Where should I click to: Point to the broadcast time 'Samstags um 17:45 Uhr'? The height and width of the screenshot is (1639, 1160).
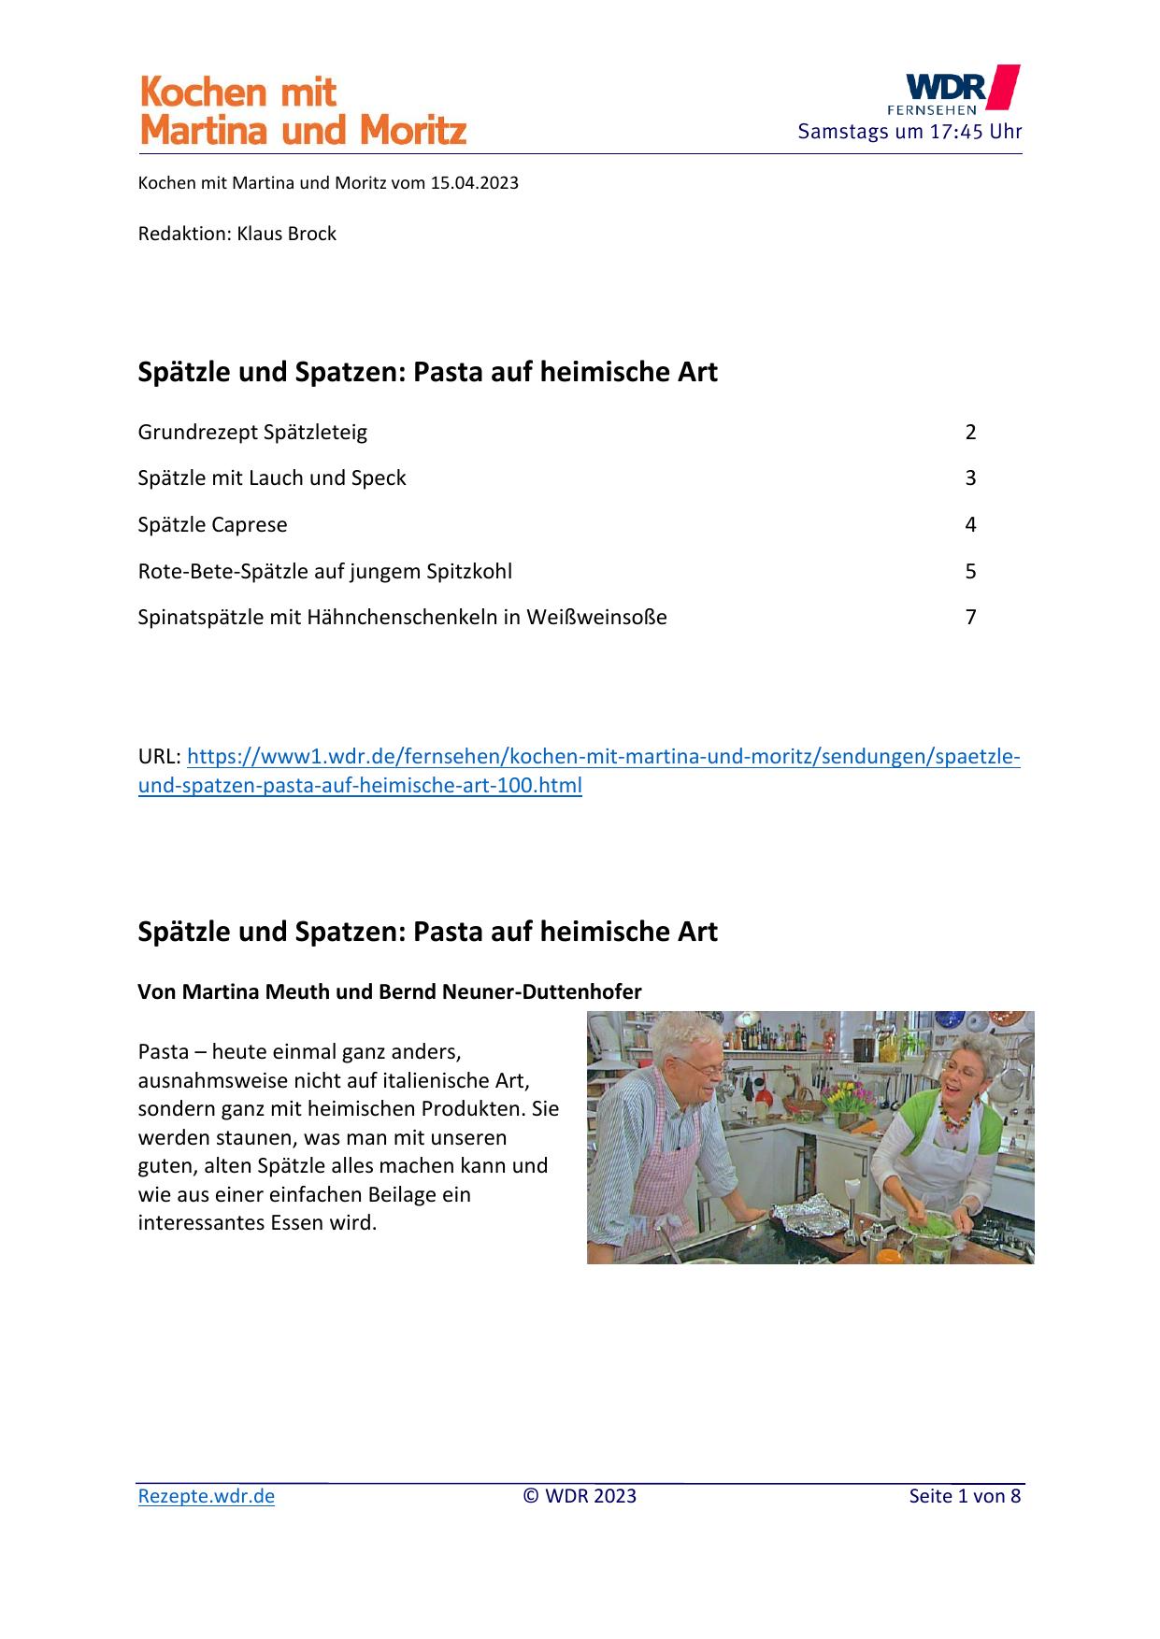pyautogui.click(x=909, y=132)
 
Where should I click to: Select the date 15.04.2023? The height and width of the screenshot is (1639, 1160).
pyautogui.click(x=474, y=183)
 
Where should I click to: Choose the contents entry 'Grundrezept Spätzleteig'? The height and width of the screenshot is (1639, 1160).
pyautogui.click(x=252, y=433)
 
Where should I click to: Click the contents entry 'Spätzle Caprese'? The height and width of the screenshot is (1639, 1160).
pyautogui.click(x=212, y=525)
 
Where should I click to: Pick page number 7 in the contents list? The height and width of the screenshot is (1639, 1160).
pyautogui.click(x=970, y=617)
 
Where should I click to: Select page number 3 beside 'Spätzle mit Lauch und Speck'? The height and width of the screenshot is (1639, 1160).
pyautogui.click(x=970, y=478)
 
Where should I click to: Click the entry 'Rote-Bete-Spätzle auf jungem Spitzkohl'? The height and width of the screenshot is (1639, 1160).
pyautogui.click(x=324, y=571)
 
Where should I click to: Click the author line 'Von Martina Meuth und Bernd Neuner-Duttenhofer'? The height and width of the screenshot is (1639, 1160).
pyautogui.click(x=389, y=992)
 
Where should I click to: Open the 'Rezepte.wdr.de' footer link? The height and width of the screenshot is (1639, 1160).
pyautogui.click(x=206, y=1496)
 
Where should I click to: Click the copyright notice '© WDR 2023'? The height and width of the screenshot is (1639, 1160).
pyautogui.click(x=580, y=1496)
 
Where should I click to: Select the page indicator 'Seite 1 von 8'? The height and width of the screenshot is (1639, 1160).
pyautogui.click(x=965, y=1496)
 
